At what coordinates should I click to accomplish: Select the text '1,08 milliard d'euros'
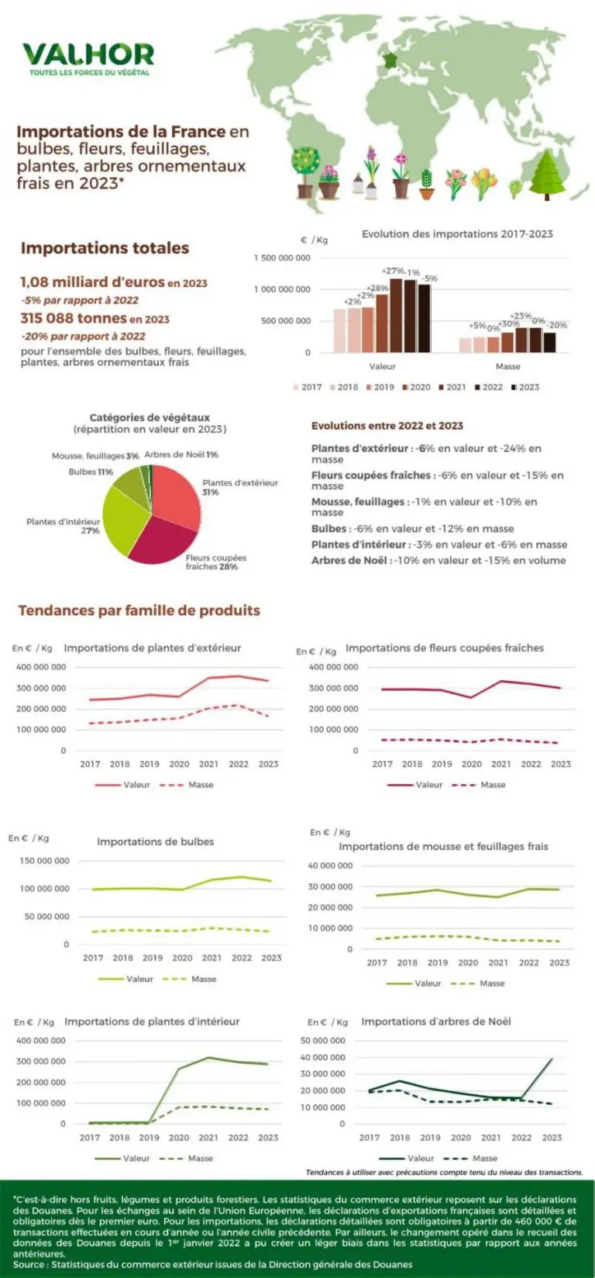[x=92, y=282]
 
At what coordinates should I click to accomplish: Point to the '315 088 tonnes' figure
[x=73, y=318]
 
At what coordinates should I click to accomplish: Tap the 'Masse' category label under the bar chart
[x=507, y=366]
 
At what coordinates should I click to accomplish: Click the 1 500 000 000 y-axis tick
[x=282, y=257]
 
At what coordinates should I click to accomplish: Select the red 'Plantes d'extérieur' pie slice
[x=177, y=496]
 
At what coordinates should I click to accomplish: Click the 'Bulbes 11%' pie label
[x=91, y=471]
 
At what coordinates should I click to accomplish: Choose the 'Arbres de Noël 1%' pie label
[x=181, y=454]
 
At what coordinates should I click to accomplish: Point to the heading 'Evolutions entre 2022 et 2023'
[x=387, y=426]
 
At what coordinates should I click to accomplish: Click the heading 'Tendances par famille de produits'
[x=139, y=610]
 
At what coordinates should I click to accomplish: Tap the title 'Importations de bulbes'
[x=155, y=841]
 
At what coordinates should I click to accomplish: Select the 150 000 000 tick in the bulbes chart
[x=44, y=861]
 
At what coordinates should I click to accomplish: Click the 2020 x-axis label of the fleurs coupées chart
[x=471, y=764]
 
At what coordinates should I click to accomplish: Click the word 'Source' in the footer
[x=29, y=1264]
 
